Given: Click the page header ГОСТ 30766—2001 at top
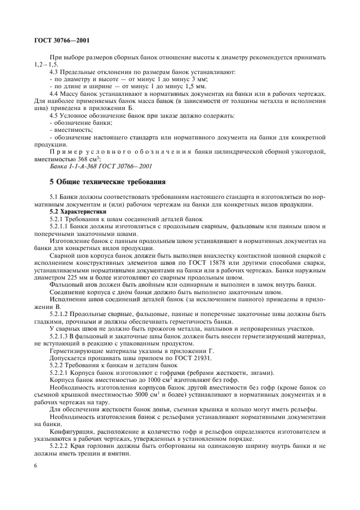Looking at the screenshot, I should click(x=62, y=40).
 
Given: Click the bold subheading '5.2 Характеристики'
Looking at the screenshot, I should click(x=75, y=210).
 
